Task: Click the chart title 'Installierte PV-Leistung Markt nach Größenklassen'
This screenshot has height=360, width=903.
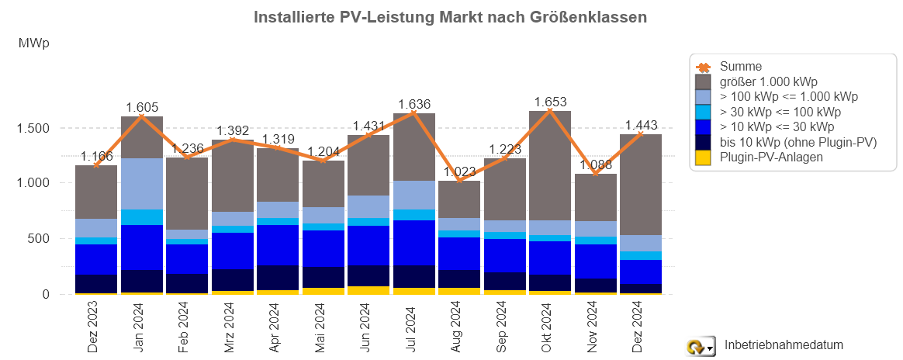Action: click(451, 17)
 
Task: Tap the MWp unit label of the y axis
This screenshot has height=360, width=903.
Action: click(33, 43)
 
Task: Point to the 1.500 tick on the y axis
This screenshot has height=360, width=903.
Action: click(33, 128)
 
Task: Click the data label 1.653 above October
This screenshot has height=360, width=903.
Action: click(550, 102)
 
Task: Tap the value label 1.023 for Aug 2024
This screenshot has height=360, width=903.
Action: click(459, 172)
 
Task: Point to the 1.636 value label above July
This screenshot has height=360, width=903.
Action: click(413, 104)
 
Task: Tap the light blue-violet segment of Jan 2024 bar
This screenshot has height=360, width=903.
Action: click(141, 183)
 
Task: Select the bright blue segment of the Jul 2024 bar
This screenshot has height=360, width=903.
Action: click(413, 242)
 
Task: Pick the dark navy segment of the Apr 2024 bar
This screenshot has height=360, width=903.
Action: click(278, 277)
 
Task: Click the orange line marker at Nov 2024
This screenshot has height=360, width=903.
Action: click(596, 173)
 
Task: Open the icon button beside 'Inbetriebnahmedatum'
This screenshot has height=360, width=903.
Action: click(701, 347)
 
